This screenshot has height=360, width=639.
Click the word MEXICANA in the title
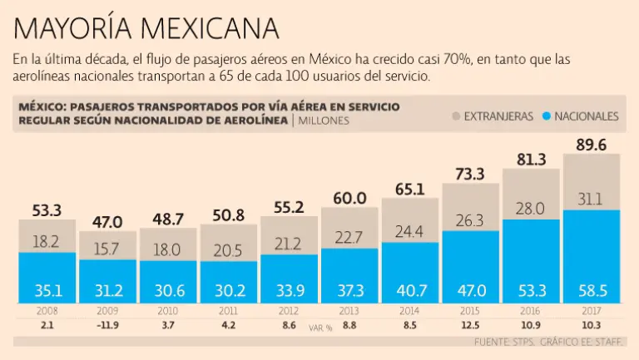click(x=209, y=27)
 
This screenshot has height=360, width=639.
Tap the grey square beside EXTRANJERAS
click(x=455, y=116)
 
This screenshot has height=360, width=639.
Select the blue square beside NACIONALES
click(x=546, y=116)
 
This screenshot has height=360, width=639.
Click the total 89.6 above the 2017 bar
click(x=591, y=145)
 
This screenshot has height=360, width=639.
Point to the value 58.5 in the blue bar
click(x=591, y=290)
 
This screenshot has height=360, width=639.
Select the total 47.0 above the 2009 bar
click(x=107, y=222)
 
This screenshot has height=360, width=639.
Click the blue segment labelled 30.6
click(x=168, y=290)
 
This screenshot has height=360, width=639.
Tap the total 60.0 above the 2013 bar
click(x=349, y=198)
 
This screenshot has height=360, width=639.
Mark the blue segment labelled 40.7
click(x=409, y=290)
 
